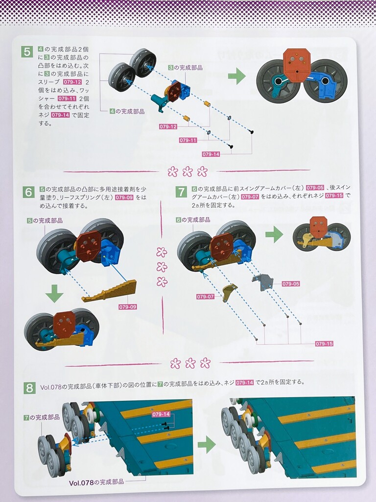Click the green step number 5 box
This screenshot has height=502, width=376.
(27, 51)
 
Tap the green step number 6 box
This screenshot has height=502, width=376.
(29, 192)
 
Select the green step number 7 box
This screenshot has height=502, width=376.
(182, 192)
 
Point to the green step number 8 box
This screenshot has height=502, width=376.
(29, 388)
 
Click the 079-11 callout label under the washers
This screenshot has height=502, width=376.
(188, 140)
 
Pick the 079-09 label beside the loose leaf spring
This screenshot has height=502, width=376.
(128, 307)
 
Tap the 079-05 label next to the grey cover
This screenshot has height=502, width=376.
(291, 284)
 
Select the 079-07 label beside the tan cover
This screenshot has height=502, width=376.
(205, 297)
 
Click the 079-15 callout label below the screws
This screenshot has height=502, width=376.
(324, 344)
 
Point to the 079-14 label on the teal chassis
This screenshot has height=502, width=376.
(161, 414)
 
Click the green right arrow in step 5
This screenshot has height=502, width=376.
(237, 76)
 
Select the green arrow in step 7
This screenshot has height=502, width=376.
(274, 234)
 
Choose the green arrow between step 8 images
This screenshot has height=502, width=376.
(207, 444)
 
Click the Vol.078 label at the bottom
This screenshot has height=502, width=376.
(96, 482)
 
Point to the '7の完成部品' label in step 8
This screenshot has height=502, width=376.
(42, 418)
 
